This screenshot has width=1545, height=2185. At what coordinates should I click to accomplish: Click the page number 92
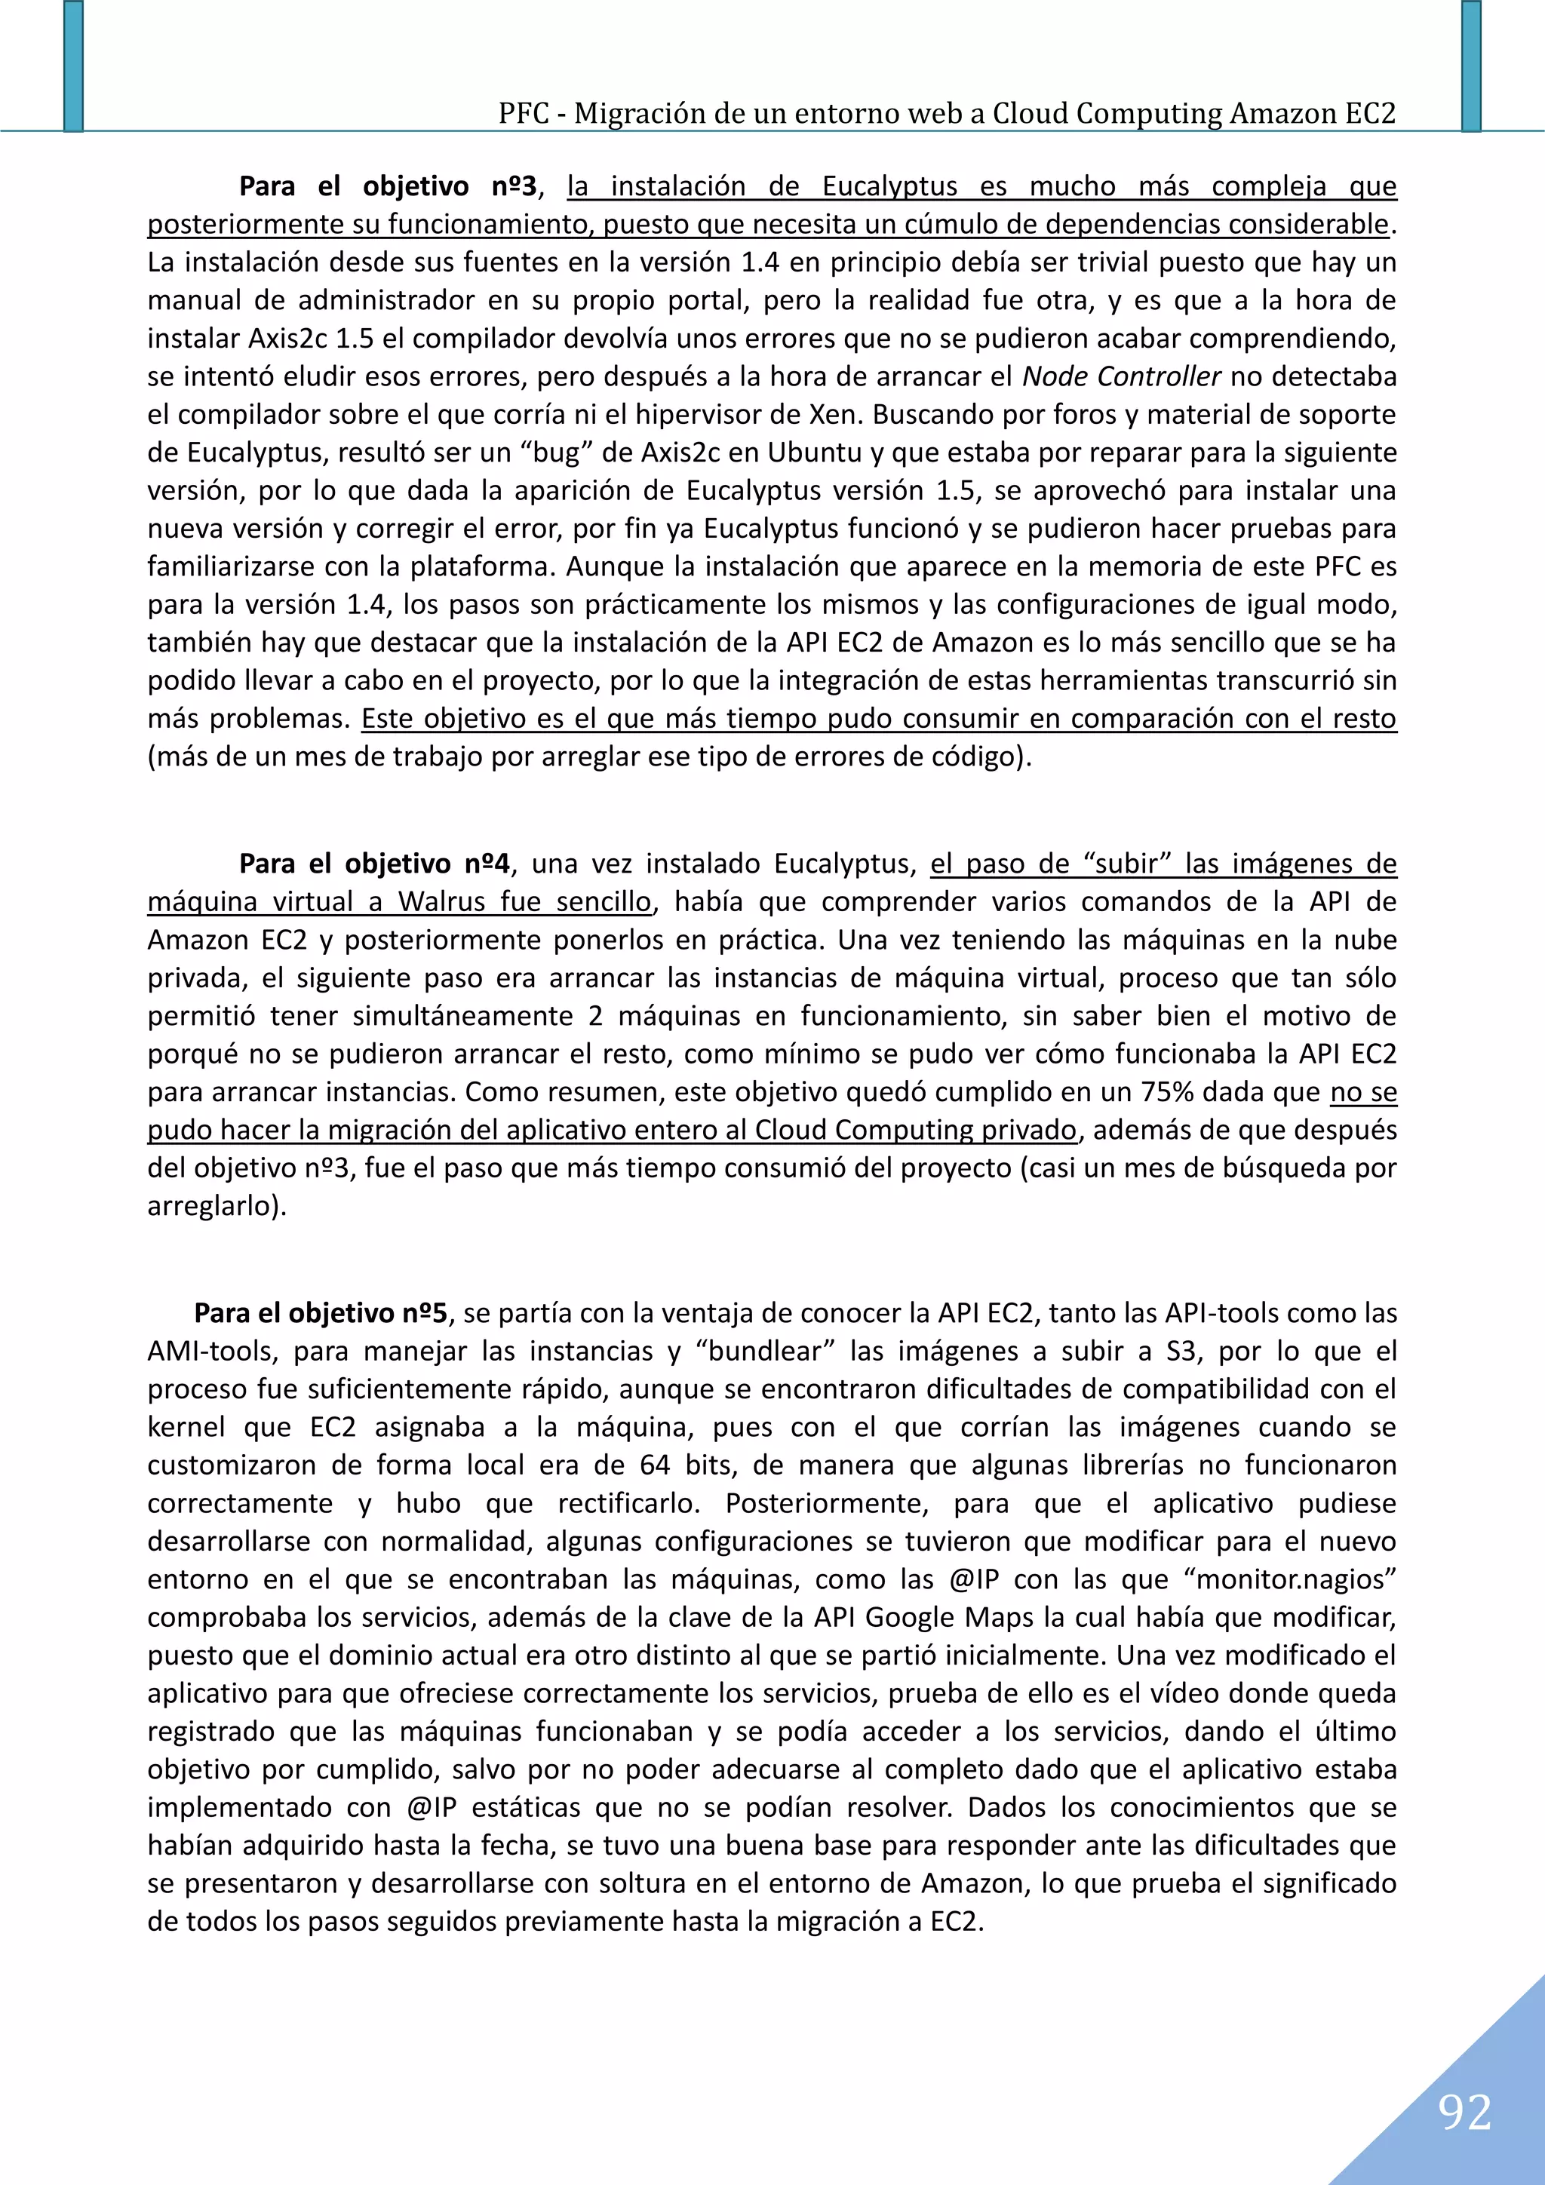point(1464,2112)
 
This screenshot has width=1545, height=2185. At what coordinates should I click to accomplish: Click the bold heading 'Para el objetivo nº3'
point(388,186)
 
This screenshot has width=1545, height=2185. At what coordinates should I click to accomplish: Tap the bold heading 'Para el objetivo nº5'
point(321,1313)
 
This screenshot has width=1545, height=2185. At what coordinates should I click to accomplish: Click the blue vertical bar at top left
point(73,65)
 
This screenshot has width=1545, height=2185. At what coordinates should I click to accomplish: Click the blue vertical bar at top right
point(1471,65)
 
